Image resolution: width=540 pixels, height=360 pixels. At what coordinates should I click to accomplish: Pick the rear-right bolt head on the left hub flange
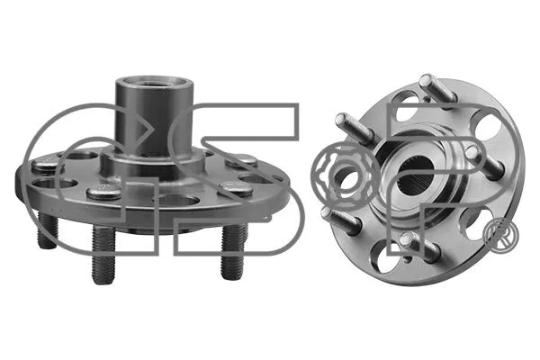[241, 160]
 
